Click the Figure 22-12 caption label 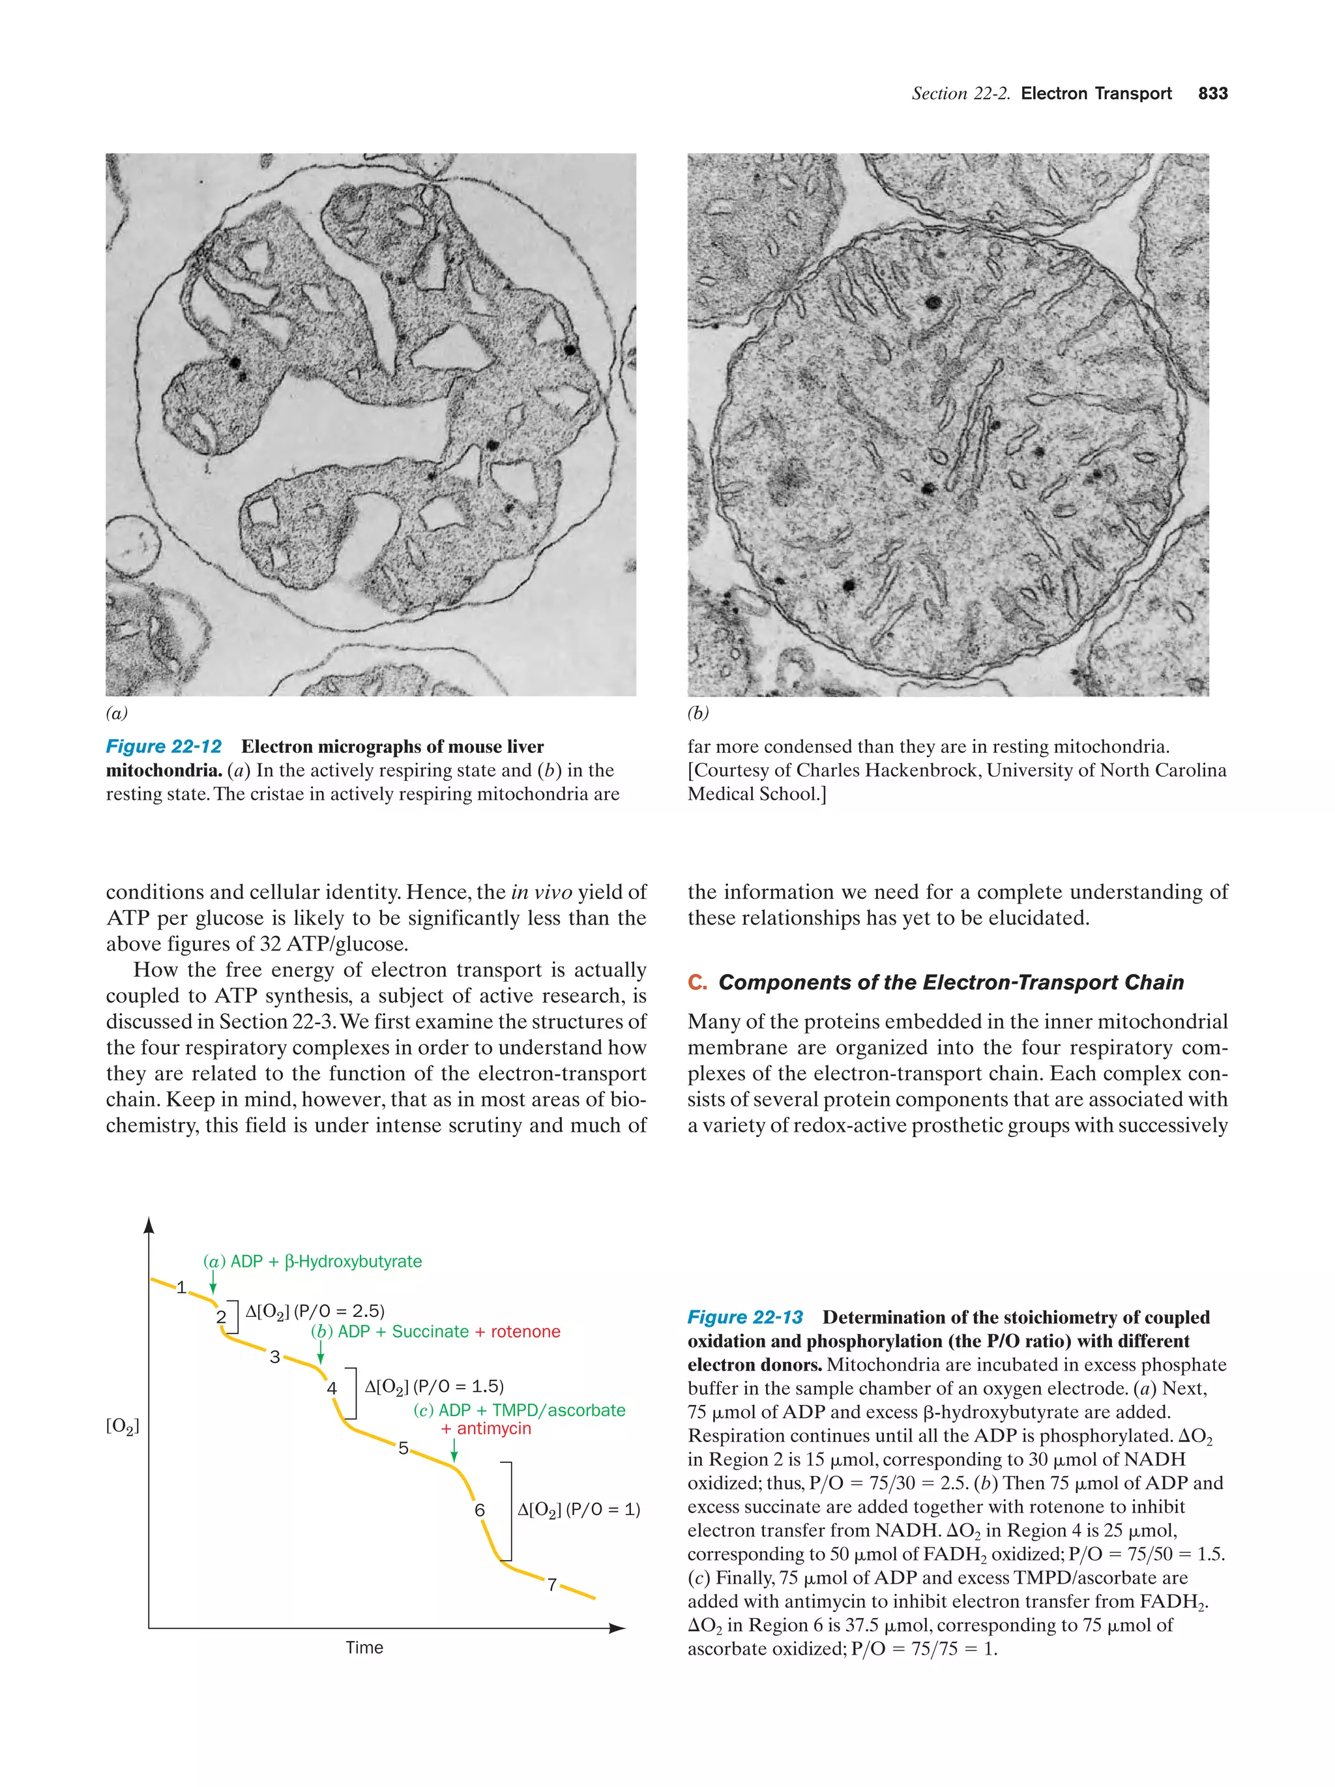pos(164,746)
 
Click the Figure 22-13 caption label pos(744,1317)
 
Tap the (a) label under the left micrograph pos(116,713)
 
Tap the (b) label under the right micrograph pos(697,713)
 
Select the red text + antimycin pos(486,1428)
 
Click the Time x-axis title pos(364,1647)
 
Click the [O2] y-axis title pos(123,1426)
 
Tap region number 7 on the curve pos(551,1584)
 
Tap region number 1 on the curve pos(181,1287)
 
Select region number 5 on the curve pos(403,1448)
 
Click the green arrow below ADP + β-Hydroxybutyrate pos(213,1281)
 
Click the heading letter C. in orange pos(697,982)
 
